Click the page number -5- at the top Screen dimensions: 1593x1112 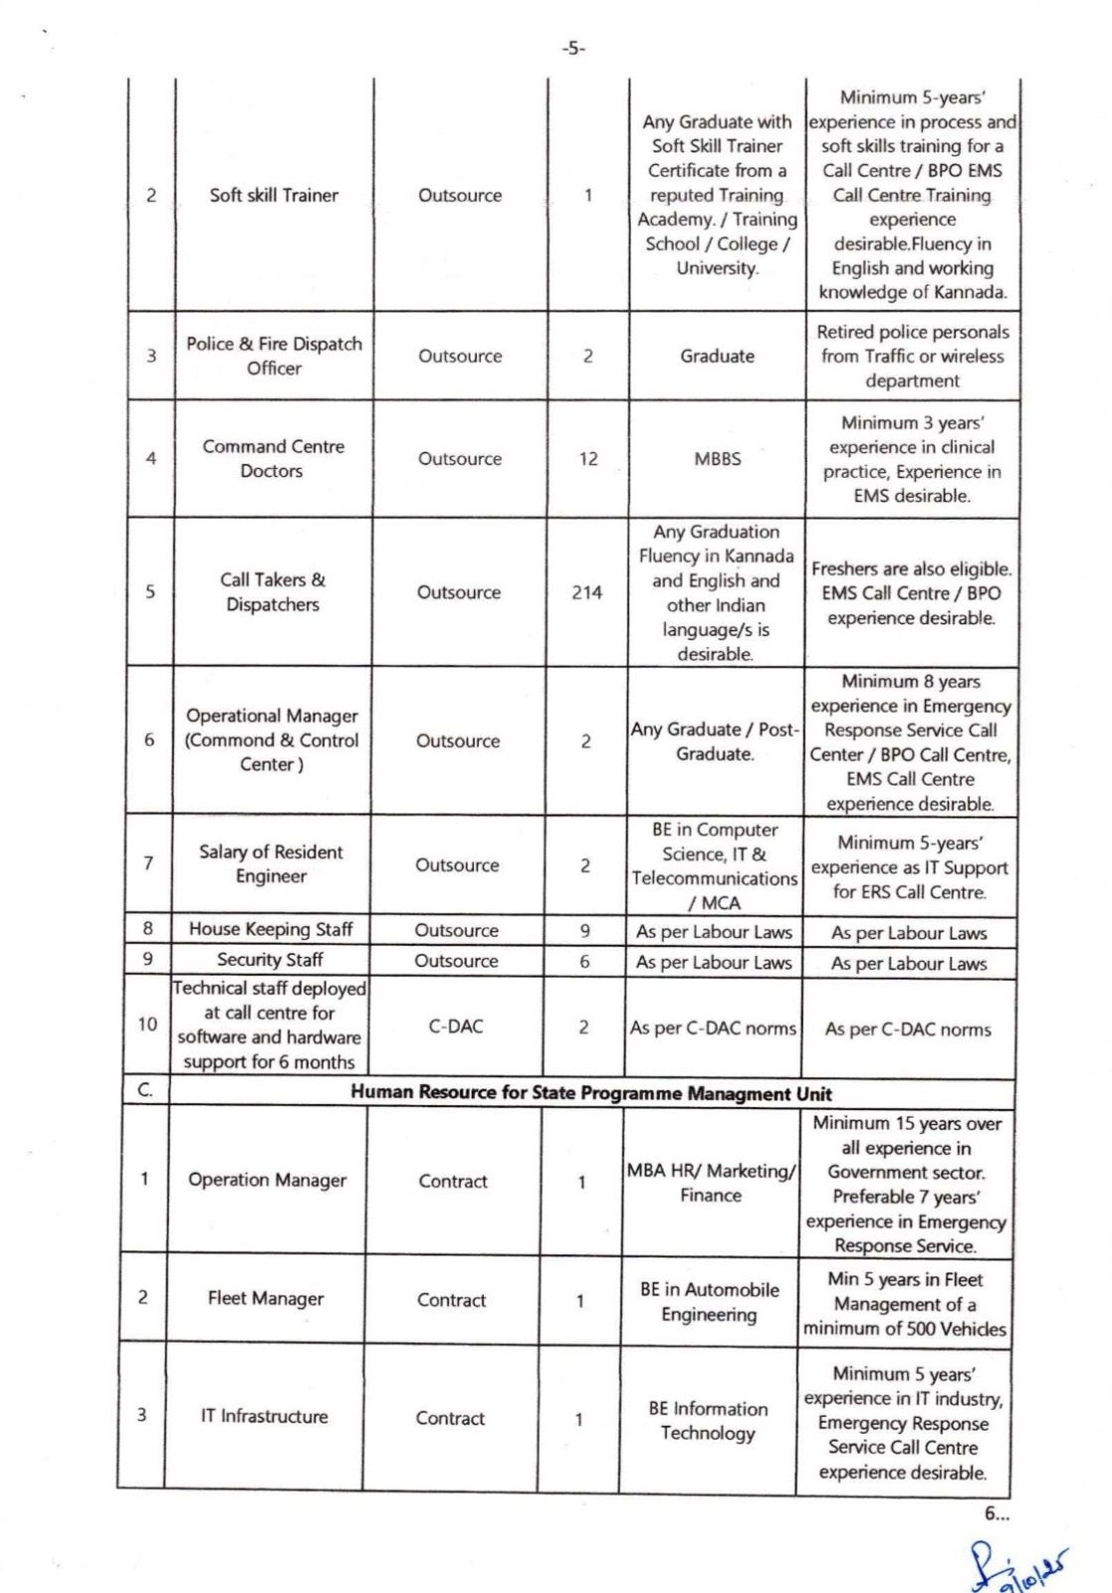[572, 48]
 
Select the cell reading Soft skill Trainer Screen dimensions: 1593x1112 [274, 195]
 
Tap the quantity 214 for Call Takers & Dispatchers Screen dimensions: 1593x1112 [586, 592]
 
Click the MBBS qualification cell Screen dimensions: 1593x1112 [717, 459]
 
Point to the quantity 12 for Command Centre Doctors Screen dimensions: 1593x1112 [588, 459]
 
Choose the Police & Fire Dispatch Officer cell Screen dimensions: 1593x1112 [274, 355]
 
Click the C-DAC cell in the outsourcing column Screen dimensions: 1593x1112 [456, 1026]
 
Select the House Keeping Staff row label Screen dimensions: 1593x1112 [271, 929]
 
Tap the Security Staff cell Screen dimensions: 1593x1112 [270, 960]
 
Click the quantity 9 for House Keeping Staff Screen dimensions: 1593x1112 [585, 930]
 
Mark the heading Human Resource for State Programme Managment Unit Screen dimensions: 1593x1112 [591, 1092]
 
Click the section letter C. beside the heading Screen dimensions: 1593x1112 [145, 1091]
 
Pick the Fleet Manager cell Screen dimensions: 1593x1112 [266, 1298]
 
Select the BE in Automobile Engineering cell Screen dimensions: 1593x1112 [710, 1302]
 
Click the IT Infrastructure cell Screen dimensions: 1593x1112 [264, 1416]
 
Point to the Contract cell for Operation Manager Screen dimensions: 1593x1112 [453, 1181]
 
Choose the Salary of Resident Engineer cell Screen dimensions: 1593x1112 [271, 864]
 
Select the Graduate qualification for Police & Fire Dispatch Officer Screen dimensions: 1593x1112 [717, 355]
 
